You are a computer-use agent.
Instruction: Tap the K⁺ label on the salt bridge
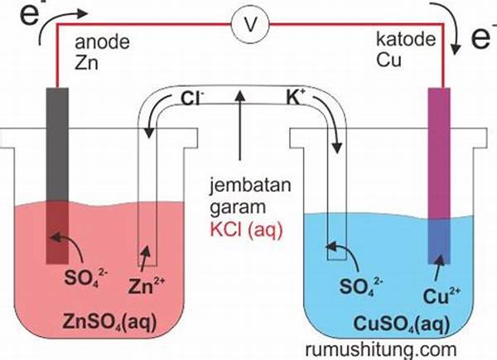(299, 101)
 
